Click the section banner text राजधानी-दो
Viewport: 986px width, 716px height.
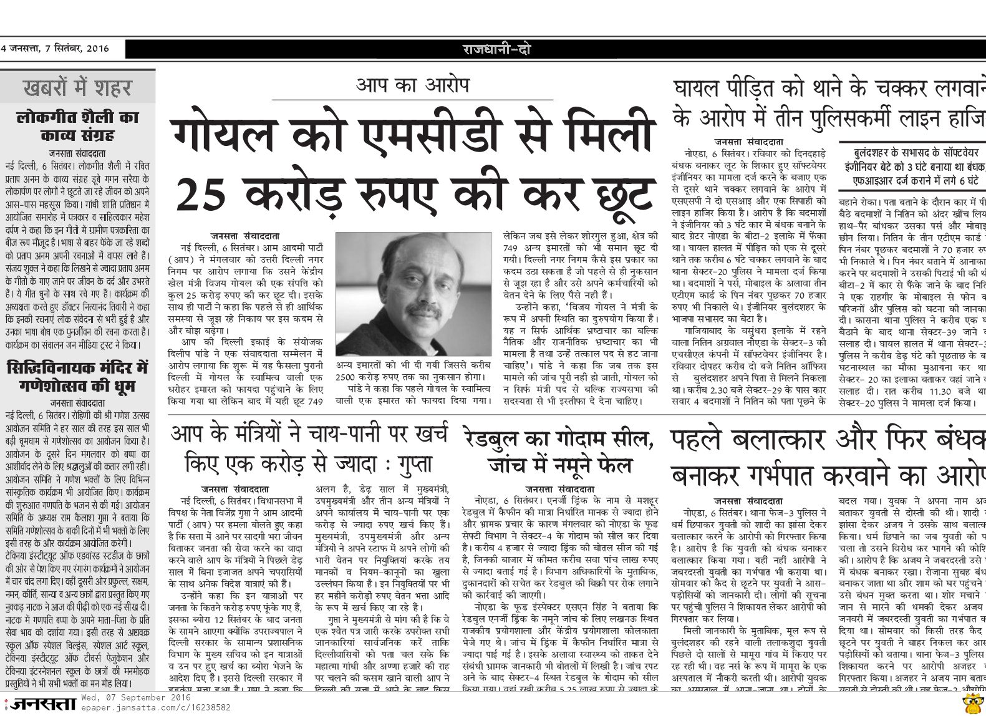(496, 49)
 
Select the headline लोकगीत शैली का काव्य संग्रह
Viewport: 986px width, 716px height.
(77, 126)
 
